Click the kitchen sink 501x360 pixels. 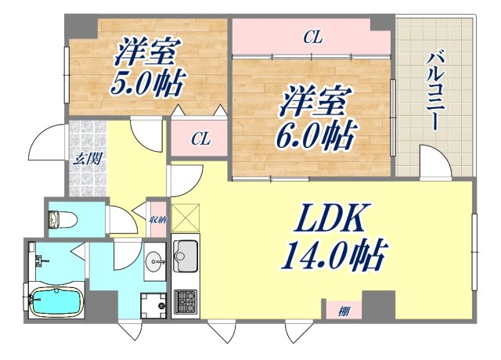(186, 255)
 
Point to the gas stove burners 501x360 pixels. (186, 300)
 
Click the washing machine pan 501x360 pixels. (153, 303)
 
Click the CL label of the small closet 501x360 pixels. (201, 139)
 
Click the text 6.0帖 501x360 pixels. (312, 135)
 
